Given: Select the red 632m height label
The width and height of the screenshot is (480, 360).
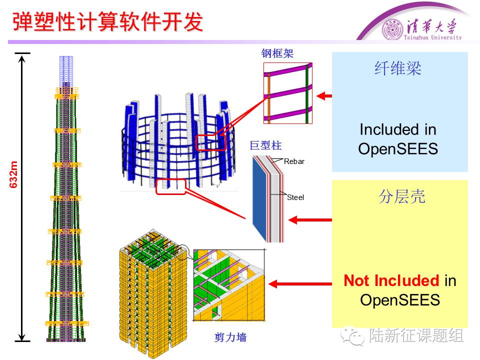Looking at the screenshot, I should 14,174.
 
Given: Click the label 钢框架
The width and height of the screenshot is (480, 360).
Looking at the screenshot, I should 276,54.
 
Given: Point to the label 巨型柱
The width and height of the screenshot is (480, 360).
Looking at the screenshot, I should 265,145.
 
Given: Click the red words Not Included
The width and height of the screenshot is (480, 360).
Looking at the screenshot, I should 391,281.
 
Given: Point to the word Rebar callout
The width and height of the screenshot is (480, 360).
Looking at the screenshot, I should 294,161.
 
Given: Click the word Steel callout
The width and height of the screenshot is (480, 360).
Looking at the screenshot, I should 295,197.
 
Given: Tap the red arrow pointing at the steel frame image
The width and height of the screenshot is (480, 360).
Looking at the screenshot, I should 325,95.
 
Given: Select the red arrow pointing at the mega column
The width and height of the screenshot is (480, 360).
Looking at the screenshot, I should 310,219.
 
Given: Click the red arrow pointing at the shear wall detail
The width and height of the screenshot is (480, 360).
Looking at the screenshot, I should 300,284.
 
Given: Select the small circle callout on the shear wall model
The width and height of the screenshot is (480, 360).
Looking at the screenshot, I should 183,250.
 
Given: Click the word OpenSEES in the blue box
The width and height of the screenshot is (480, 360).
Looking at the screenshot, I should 398,148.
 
